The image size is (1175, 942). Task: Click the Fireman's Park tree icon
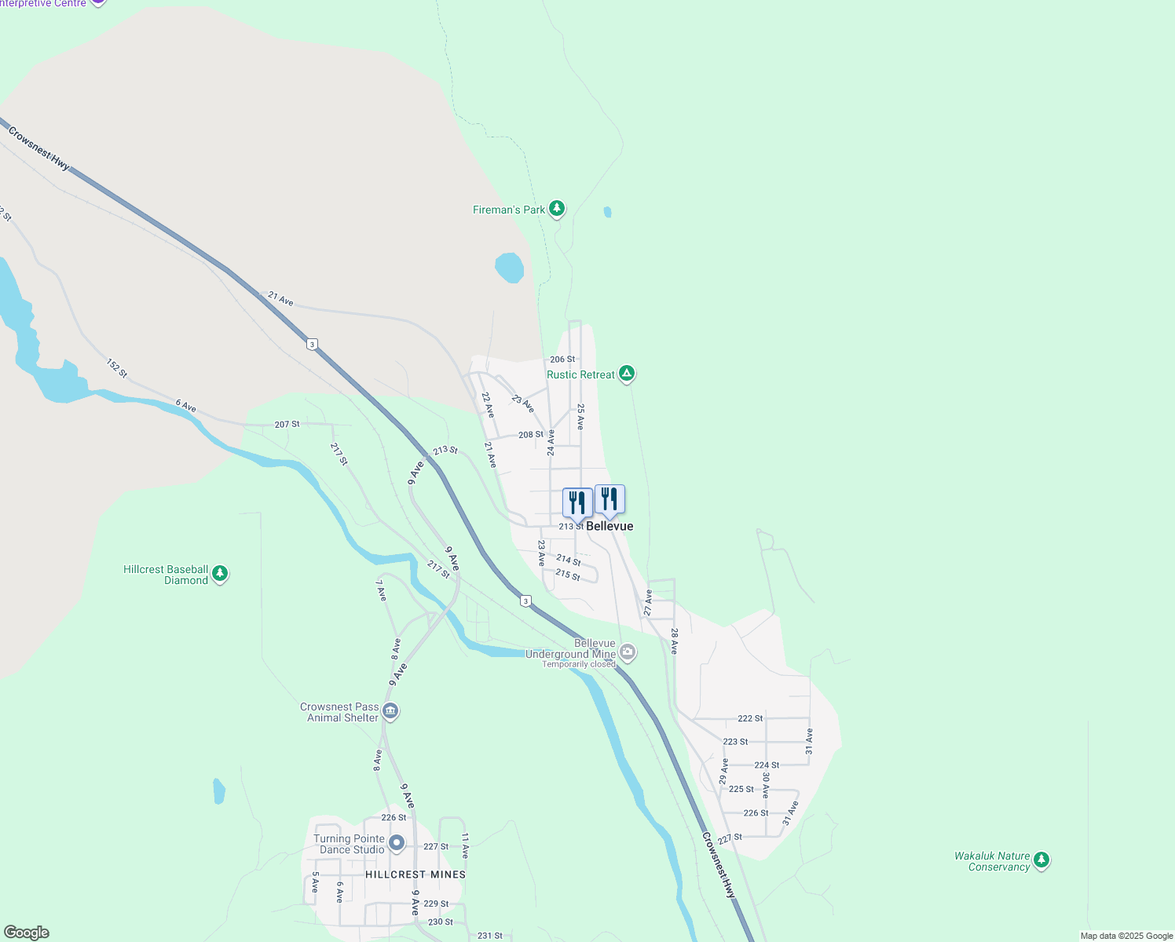point(557,209)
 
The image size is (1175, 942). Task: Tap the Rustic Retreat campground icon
point(627,373)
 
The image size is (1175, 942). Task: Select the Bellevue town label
point(609,526)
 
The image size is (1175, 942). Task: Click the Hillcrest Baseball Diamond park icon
point(220,574)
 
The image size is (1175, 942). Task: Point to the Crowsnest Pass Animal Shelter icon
point(390,711)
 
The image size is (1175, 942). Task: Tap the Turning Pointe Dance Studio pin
point(397,843)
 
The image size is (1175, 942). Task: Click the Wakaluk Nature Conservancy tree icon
point(1041,860)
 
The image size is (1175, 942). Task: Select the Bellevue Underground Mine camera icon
point(627,651)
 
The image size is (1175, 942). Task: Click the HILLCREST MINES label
point(415,874)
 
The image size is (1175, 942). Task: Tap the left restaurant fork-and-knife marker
point(577,502)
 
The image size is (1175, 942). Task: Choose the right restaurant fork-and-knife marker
point(609,498)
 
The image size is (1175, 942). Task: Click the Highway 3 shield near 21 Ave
point(313,344)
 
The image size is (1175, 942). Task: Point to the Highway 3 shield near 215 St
point(525,601)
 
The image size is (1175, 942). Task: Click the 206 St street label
point(562,360)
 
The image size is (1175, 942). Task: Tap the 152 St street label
point(117,368)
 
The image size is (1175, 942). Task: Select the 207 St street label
point(287,424)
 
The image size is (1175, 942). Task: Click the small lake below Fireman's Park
point(509,268)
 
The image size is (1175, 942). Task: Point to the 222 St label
point(750,718)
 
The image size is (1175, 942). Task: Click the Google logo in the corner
point(27,933)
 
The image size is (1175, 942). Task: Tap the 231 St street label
point(490,936)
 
